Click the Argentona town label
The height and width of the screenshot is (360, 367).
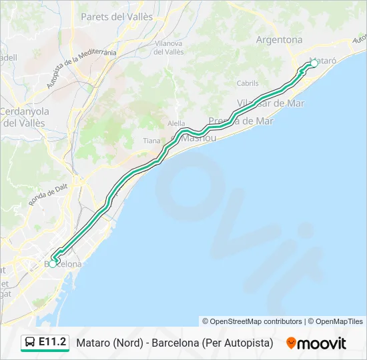pyautogui.click(x=279, y=39)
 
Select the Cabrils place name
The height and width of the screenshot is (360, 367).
pyautogui.click(x=248, y=83)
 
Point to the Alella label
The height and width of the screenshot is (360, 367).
pyautogui.click(x=176, y=123)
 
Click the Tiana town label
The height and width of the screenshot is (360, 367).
pyautogui.click(x=151, y=141)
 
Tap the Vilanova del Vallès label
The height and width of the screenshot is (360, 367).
pyautogui.click(x=169, y=47)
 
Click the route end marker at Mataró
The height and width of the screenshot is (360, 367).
pyautogui.click(x=314, y=64)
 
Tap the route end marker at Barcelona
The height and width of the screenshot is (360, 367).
pyautogui.click(x=53, y=264)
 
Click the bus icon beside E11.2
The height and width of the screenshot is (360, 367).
pyautogui.click(x=30, y=343)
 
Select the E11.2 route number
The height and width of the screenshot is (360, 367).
pyautogui.click(x=53, y=343)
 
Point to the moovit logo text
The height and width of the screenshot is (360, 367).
pyautogui.click(x=322, y=343)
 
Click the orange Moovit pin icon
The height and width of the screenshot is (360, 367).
pyautogui.click(x=291, y=343)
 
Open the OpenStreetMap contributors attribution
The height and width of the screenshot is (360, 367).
pyautogui.click(x=252, y=321)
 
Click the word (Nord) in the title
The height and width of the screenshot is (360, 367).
pyautogui.click(x=126, y=343)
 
